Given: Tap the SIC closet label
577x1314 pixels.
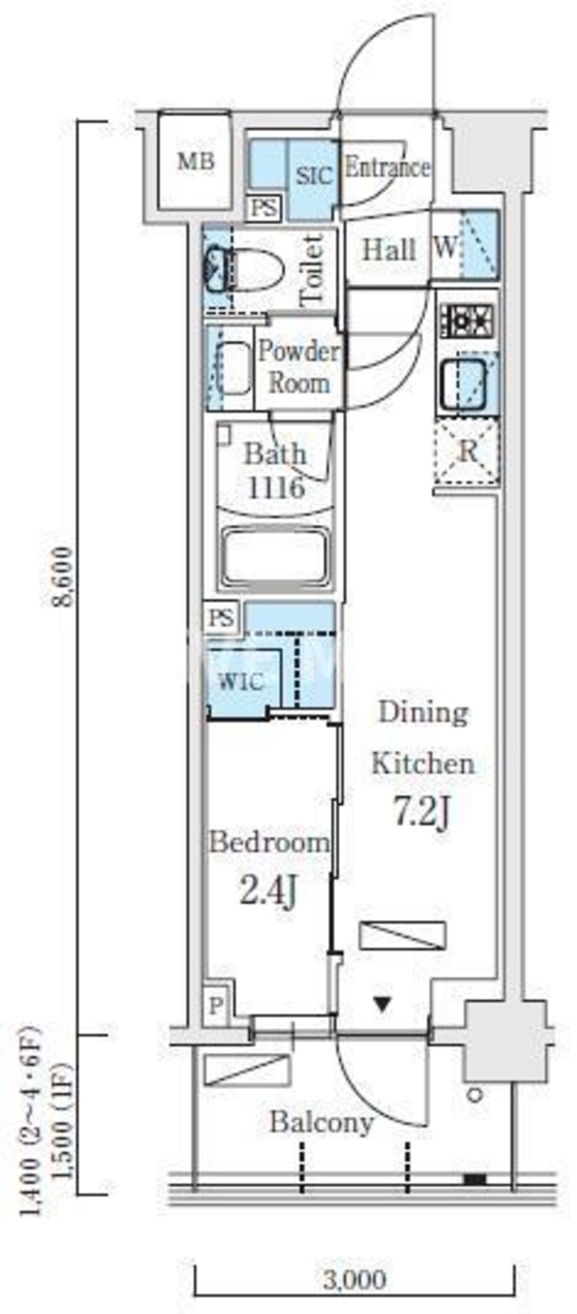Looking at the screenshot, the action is coord(314,176).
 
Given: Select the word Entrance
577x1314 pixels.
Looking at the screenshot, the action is coord(388,167).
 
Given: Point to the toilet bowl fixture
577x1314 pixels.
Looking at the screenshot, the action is coord(246,271).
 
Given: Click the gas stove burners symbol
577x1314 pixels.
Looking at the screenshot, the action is coord(466,321).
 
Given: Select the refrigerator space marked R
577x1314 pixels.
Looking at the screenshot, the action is coord(466,451).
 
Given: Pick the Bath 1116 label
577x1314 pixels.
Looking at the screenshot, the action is coord(276,471).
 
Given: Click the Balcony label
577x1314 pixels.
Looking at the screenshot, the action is coord(321,1122).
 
